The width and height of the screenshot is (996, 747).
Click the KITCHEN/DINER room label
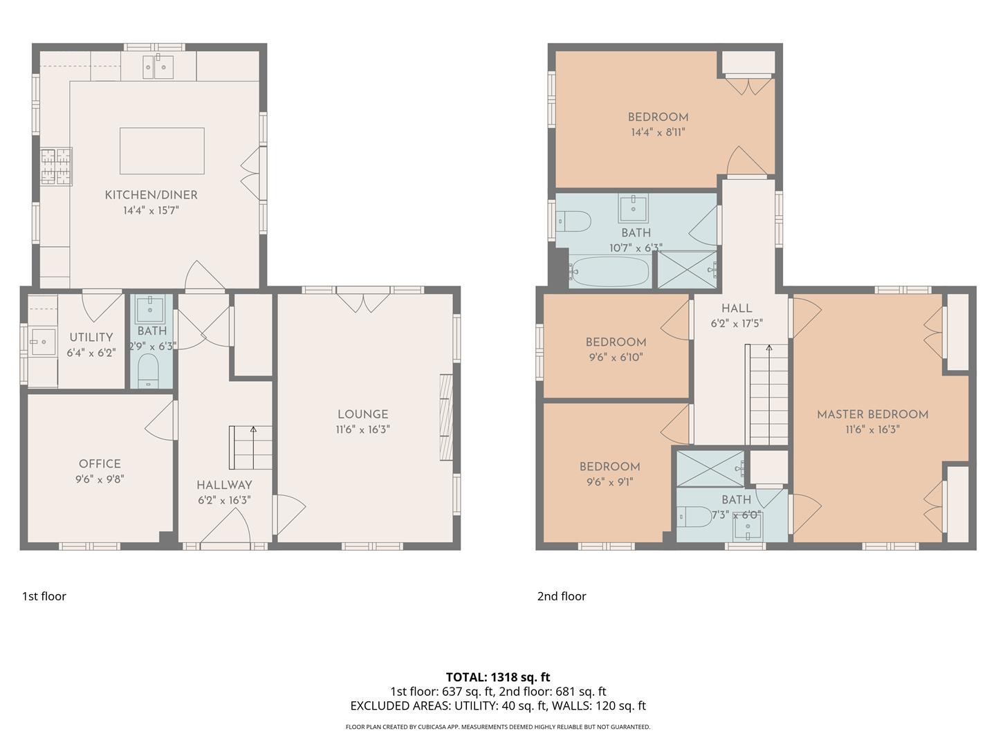click(151, 195)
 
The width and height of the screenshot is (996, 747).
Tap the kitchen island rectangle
click(162, 151)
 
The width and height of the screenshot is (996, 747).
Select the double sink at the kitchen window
click(158, 67)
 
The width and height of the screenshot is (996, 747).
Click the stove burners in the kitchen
click(56, 167)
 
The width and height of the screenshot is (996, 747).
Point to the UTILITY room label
click(91, 338)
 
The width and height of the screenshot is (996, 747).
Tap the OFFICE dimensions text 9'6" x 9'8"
click(100, 479)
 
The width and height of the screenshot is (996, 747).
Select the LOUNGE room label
click(362, 414)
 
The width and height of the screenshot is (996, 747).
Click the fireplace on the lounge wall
click(446, 418)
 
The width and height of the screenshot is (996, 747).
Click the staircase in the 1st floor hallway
click(251, 448)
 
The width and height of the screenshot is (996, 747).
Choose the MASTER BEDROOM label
click(872, 414)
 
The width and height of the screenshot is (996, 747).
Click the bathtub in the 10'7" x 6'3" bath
click(609, 272)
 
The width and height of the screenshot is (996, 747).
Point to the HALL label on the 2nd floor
click(737, 308)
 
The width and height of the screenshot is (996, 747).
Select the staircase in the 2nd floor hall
click(767, 395)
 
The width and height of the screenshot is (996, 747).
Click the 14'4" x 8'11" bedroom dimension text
click(658, 132)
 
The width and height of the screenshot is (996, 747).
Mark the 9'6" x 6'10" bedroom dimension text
click(615, 357)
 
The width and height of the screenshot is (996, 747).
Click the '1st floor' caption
click(44, 596)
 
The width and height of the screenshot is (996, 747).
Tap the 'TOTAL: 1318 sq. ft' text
click(498, 677)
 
